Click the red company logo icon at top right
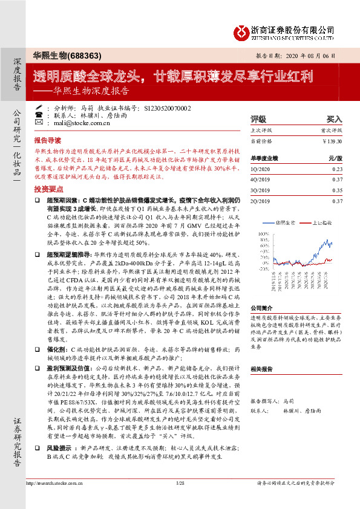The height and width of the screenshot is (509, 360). [241, 31]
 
